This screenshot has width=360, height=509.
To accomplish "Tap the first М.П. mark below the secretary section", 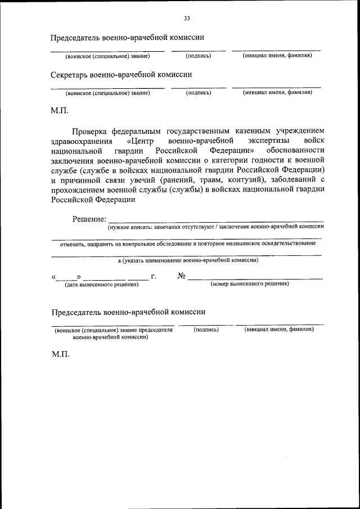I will [60, 111].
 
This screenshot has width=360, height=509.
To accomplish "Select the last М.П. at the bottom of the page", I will [60, 357].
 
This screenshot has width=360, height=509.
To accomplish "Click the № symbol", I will [181, 276].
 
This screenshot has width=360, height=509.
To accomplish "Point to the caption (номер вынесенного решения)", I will [250, 284].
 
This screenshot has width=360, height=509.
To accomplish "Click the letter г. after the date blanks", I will [154, 276].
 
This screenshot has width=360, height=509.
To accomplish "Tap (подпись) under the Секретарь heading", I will [198, 93].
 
